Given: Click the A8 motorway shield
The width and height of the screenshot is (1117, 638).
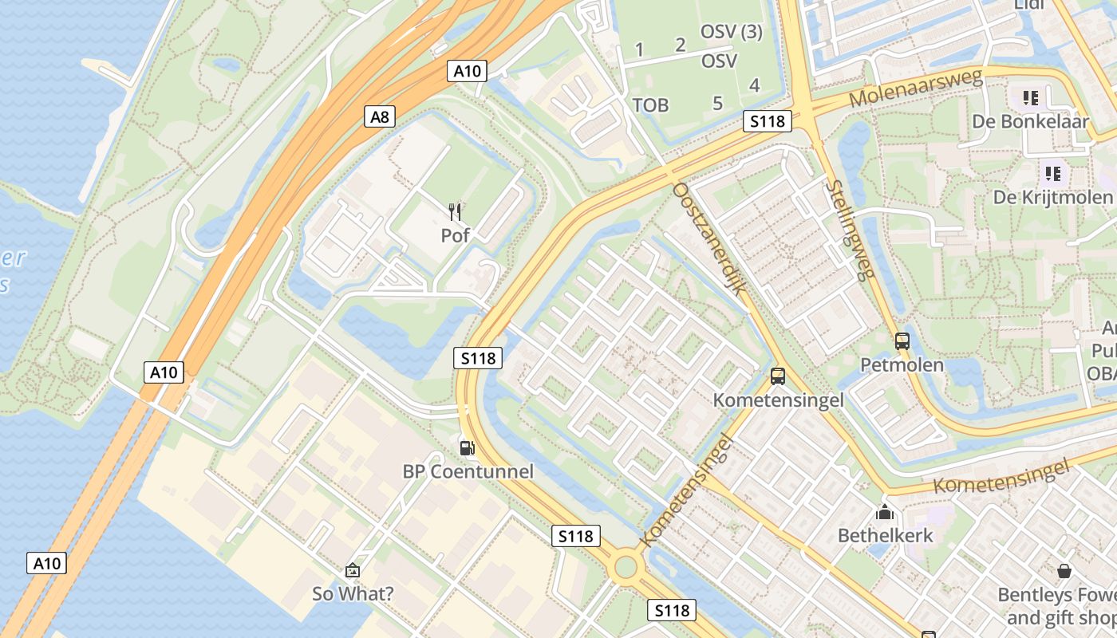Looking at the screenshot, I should click(x=381, y=117).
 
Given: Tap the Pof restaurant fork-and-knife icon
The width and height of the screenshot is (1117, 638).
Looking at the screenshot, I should click(x=456, y=211).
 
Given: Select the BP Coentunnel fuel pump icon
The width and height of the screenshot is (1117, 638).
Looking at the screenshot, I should click(x=468, y=447).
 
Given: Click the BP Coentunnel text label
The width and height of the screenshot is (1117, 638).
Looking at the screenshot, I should click(x=468, y=471).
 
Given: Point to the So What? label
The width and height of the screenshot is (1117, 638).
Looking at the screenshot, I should click(x=353, y=594).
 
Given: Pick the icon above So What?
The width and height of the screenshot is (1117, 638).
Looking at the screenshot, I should click(x=353, y=570).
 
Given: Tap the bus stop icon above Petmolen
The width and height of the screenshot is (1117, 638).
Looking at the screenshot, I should click(x=902, y=341).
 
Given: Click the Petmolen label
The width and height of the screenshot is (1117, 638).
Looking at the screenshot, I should click(x=902, y=365).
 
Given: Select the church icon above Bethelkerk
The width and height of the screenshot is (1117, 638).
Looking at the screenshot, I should click(x=885, y=511).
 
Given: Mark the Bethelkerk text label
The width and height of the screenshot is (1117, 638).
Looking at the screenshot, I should click(x=885, y=535).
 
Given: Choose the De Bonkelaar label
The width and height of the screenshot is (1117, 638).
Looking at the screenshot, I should click(x=1030, y=122).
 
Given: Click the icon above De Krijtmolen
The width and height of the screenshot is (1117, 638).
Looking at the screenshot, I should click(x=1052, y=172).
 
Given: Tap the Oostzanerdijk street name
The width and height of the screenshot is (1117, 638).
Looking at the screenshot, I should click(x=709, y=238).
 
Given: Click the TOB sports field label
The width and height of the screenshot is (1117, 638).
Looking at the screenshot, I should click(x=650, y=105).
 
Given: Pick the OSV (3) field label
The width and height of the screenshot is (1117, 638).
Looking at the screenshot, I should click(x=731, y=33).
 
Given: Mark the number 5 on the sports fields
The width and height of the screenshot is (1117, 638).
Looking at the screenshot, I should click(x=717, y=103).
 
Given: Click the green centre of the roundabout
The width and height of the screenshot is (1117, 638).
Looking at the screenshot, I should click(x=626, y=567).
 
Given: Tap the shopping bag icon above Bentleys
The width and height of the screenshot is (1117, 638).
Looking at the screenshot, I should click(x=1064, y=571).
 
